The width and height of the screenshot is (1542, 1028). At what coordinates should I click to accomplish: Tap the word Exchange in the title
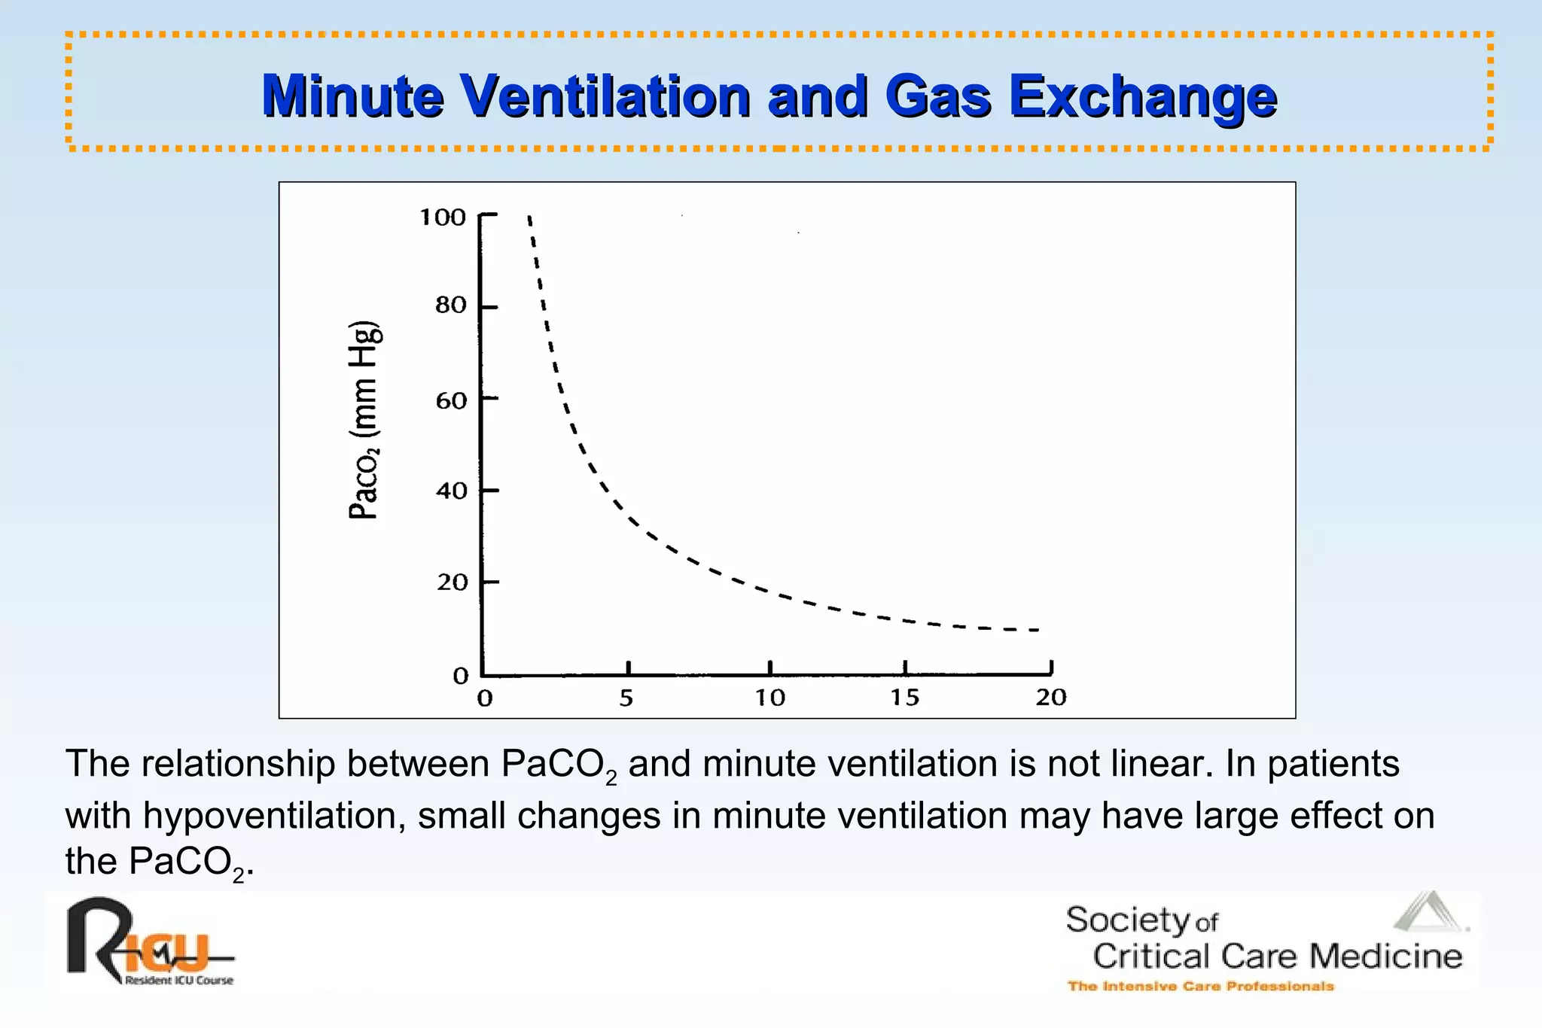coord(1142,98)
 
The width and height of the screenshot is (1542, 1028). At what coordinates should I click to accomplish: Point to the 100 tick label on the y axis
coord(443,217)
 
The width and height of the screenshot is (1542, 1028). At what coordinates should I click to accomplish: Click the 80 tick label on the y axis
coord(451,306)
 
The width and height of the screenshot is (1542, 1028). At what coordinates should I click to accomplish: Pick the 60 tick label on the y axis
coord(451,400)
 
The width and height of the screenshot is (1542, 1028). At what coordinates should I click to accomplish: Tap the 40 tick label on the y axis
coord(451,491)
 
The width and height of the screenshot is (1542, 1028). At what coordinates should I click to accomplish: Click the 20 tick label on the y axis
coord(452,582)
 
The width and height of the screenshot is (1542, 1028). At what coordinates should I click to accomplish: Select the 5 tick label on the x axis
coord(626,698)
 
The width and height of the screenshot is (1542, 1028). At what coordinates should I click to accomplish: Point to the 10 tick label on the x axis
coord(769,698)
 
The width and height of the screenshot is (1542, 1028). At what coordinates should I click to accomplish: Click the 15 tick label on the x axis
coord(905,698)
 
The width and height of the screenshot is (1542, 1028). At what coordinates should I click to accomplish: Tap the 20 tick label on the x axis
coord(1051,698)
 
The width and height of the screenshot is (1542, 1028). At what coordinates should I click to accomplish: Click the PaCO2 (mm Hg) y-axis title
coord(365,420)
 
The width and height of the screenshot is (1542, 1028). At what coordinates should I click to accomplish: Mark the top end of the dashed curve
coord(529,218)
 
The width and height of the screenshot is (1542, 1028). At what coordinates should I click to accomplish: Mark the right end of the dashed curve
coord(1038,629)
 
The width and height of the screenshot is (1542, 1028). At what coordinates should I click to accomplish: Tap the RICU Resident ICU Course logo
coord(149,943)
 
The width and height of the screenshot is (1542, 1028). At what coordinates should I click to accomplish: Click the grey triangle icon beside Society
coord(1428,912)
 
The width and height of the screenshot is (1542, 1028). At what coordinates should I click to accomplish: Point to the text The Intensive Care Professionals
coord(1200,987)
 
